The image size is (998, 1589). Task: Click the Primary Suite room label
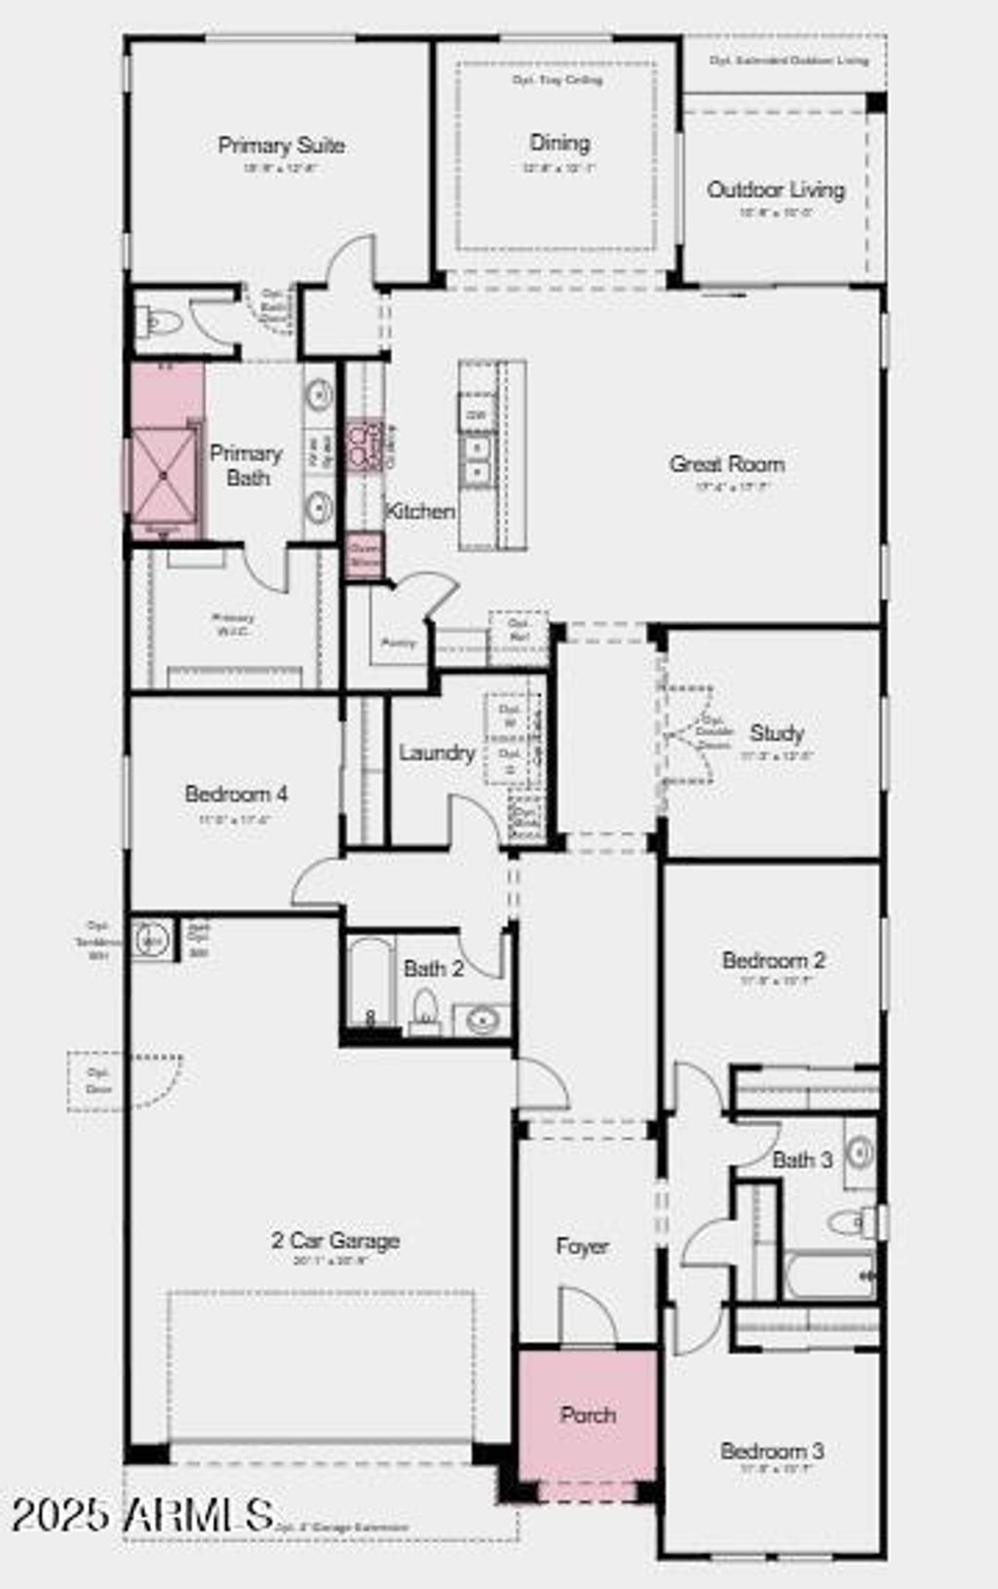[x=281, y=145]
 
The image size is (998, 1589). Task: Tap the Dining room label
[x=559, y=142]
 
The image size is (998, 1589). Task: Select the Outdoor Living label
[x=776, y=189]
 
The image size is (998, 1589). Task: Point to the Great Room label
[x=727, y=464]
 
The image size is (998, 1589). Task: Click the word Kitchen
[x=420, y=511]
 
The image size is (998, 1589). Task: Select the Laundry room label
[x=437, y=753]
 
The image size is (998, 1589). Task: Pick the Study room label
[x=777, y=732]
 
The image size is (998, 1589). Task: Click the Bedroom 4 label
[x=236, y=794]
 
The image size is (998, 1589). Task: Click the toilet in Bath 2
[x=425, y=1008]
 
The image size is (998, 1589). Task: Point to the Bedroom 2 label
[x=774, y=959]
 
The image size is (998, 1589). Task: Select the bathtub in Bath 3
[x=828, y=1275]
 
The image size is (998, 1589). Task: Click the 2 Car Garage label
[x=335, y=1240]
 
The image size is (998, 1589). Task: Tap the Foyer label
[x=582, y=1246]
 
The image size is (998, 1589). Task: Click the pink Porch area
[x=587, y=1414]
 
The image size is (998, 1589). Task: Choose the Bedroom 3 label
[x=772, y=1451]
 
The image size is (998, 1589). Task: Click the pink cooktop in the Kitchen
[x=365, y=446]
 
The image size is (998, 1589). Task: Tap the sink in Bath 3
[x=860, y=1152]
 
